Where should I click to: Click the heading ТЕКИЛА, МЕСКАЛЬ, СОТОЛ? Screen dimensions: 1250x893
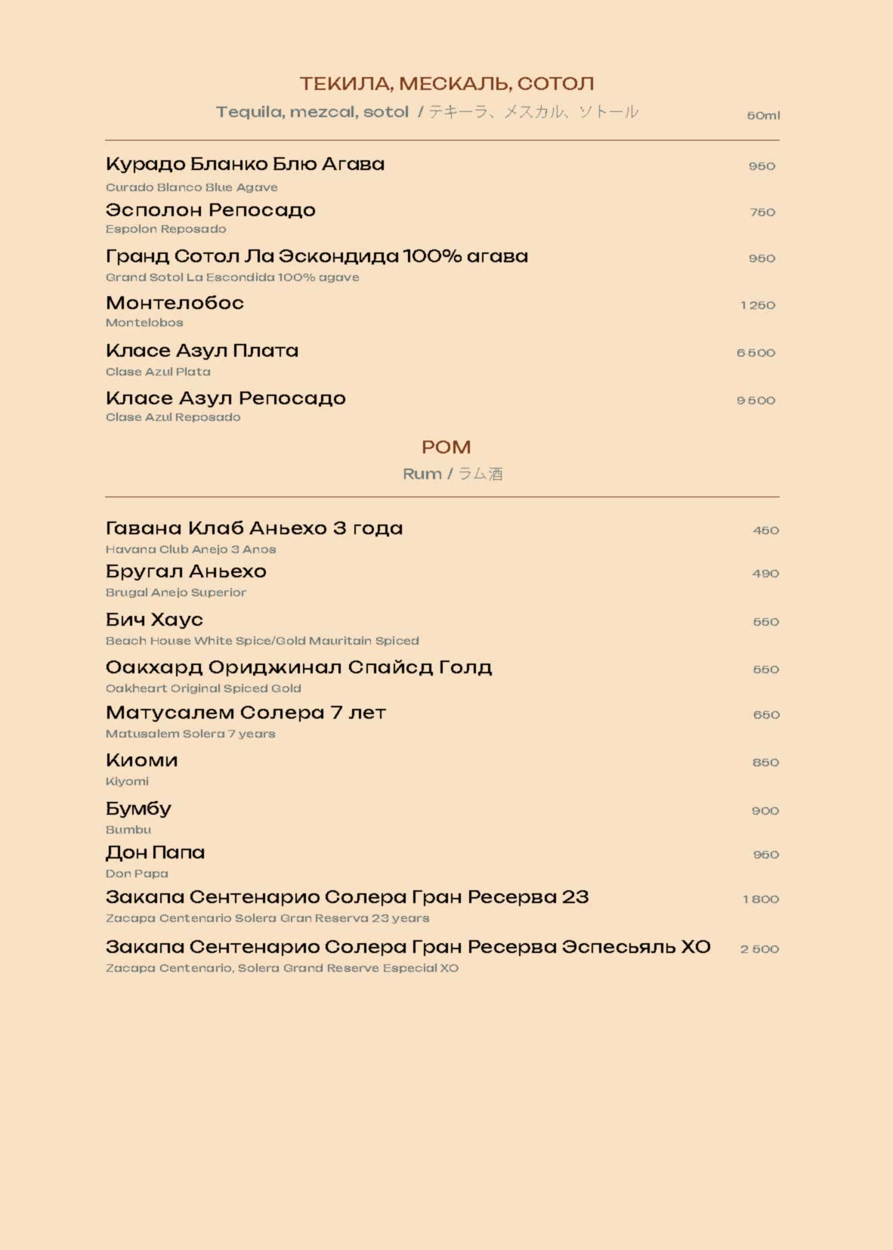point(446,83)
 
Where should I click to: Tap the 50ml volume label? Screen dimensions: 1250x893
point(763,116)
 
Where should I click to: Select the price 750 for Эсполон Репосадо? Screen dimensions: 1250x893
point(762,212)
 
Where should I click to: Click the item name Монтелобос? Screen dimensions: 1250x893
point(175,303)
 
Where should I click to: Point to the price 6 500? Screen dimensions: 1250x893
point(755,353)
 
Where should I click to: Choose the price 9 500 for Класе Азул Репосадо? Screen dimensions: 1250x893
point(755,401)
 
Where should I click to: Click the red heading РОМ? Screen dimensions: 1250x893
point(446,447)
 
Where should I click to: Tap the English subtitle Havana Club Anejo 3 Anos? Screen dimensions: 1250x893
point(190,549)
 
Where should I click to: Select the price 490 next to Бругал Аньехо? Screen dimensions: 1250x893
point(765,574)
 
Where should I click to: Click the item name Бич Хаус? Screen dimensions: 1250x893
point(154,620)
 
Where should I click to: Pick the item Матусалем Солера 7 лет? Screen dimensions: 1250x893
point(246,713)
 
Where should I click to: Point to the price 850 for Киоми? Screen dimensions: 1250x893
point(765,763)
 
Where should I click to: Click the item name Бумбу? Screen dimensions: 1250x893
point(138,809)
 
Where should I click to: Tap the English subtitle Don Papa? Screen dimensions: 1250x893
point(137,874)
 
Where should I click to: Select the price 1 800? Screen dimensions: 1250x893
point(760,899)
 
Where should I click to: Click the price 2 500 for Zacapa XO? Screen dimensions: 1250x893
point(759,949)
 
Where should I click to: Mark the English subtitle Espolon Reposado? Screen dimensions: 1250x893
point(165,229)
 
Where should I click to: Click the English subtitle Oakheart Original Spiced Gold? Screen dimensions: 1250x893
point(203,688)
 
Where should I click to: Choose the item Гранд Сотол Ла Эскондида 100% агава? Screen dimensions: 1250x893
point(317,256)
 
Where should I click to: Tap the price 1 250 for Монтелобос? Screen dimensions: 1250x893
point(757,305)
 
